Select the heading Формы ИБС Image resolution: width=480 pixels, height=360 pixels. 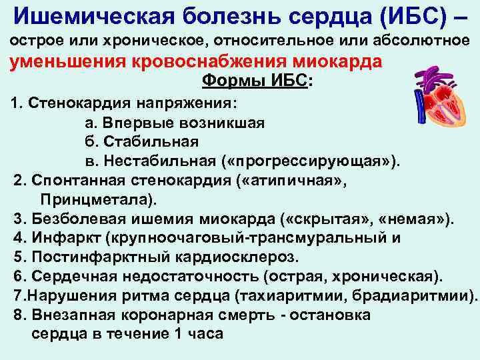point(256,81)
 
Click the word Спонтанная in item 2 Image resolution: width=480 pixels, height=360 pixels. point(77,180)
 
